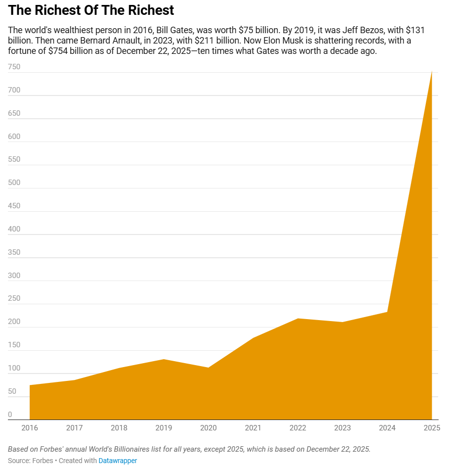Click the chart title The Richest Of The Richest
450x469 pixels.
tap(91, 10)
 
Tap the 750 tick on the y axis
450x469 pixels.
tap(14, 67)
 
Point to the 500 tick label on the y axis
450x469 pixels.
tap(14, 183)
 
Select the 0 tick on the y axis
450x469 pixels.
tap(10, 415)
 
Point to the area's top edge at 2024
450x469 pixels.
tap(387, 312)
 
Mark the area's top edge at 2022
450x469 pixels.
tap(298, 319)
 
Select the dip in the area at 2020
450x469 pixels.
tap(208, 368)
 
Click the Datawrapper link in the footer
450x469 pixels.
tap(118, 461)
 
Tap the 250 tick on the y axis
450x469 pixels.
tap(14, 298)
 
